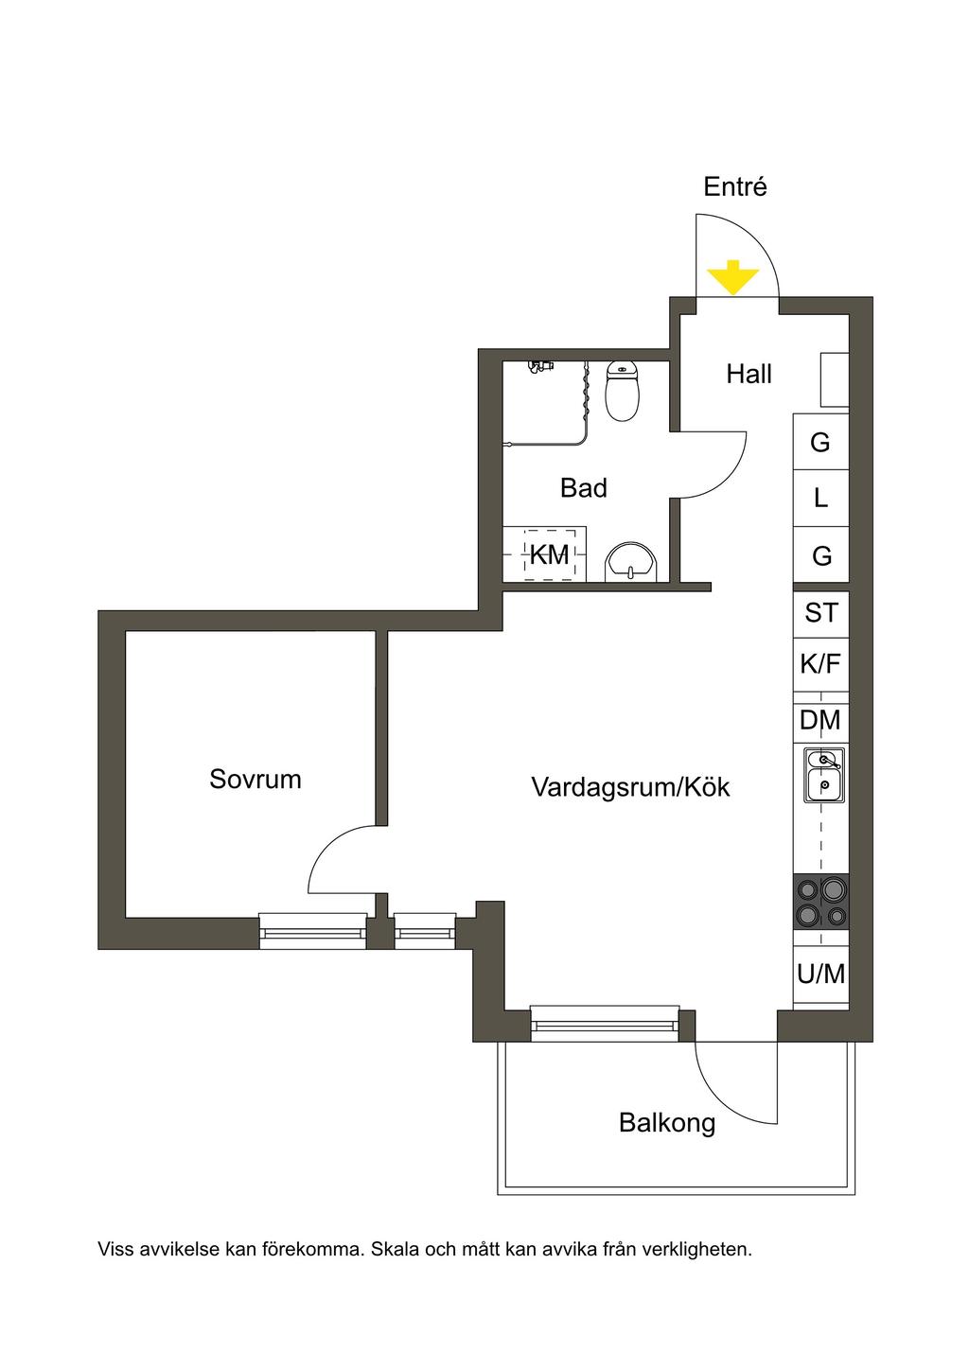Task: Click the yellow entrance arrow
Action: pyautogui.click(x=734, y=279)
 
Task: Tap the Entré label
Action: pyautogui.click(x=734, y=187)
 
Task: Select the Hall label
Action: pyautogui.click(x=749, y=375)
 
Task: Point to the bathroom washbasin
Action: pyautogui.click(x=629, y=561)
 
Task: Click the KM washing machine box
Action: pyautogui.click(x=549, y=554)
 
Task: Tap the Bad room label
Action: pyautogui.click(x=583, y=488)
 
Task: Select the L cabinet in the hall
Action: pyautogui.click(x=820, y=498)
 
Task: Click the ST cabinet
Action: pyautogui.click(x=820, y=613)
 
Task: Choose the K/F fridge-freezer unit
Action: pyautogui.click(x=820, y=664)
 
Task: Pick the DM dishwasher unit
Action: pyautogui.click(x=820, y=721)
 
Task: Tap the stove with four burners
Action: pyautogui.click(x=820, y=901)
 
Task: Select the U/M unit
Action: pyautogui.click(x=820, y=975)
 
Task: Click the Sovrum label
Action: pyautogui.click(x=255, y=780)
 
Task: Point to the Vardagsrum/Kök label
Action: pyautogui.click(x=630, y=787)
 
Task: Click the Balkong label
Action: pyautogui.click(x=667, y=1123)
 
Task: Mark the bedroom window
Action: pyautogui.click(x=312, y=932)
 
